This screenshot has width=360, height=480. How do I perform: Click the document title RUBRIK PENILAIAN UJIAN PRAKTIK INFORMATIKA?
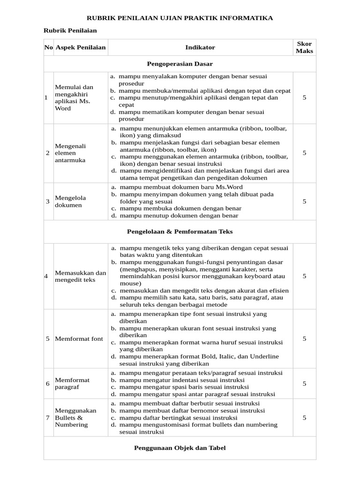pos(180,18)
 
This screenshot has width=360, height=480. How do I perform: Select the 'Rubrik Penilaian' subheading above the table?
pos(70,30)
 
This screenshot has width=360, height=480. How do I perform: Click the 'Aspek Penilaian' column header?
pos(81,47)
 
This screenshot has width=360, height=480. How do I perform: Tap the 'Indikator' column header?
pos(200,47)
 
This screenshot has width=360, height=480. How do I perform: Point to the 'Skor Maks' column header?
pos(305,47)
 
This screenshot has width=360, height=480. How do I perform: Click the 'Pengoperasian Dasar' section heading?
pos(180,63)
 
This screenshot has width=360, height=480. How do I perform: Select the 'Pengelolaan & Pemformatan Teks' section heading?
pos(180,232)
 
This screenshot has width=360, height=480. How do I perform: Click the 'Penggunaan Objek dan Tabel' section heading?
pos(180,448)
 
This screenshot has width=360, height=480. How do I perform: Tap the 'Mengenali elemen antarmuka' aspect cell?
pos(71,153)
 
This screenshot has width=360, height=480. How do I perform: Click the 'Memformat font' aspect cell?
pos(79,339)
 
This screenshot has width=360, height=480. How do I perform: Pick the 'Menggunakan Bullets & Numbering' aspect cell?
pos(75,418)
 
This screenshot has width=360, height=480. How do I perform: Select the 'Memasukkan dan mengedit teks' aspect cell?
pos(81,277)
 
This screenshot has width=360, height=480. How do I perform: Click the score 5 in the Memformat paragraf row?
pos(304,384)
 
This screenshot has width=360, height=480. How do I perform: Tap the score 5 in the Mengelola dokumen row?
pos(304,202)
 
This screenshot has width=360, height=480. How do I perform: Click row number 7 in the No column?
pos(48,418)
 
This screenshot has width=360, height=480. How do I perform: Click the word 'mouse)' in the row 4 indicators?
pos(130,284)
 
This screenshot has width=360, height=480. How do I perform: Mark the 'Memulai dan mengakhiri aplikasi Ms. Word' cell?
pos(74,97)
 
